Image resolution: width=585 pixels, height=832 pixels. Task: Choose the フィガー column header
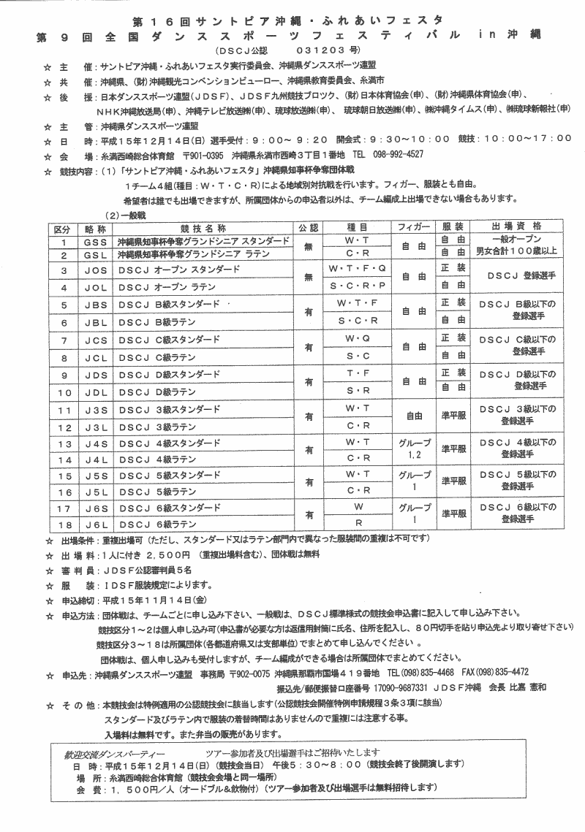[412, 228]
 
